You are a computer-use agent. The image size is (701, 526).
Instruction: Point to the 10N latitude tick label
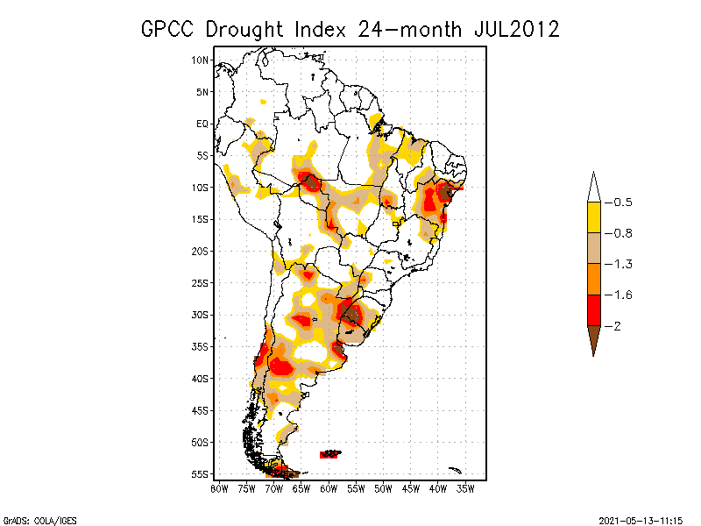pos(201,60)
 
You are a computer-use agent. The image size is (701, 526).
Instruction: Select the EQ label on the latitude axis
pos(202,124)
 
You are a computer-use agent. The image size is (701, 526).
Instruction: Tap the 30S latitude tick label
pos(201,315)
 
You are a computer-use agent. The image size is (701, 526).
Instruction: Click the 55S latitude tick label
pos(201,474)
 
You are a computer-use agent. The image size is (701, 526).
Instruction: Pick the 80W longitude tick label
pos(219,487)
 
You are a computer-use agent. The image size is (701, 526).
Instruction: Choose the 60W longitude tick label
pos(329,487)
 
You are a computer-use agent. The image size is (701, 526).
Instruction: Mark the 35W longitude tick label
pos(466,487)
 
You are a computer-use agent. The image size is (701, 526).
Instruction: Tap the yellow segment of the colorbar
pos(593,217)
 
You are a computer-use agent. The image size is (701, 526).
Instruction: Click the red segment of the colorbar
pos(593,310)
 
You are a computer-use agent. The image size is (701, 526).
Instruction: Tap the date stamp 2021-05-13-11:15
pos(641,519)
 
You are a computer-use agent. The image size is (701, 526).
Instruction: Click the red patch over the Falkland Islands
pos(330,454)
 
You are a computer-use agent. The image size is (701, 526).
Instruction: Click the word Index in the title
pos(323,29)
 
